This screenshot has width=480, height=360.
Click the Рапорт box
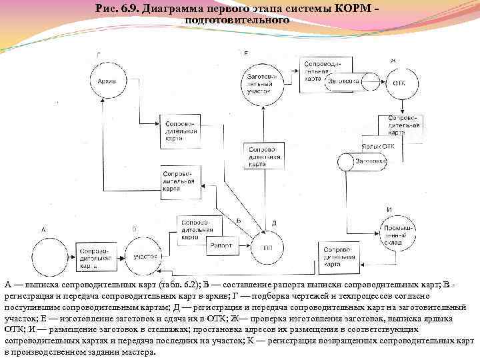[221, 245]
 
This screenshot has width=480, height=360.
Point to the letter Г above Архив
[99, 54]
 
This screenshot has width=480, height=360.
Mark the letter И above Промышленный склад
[389, 209]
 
